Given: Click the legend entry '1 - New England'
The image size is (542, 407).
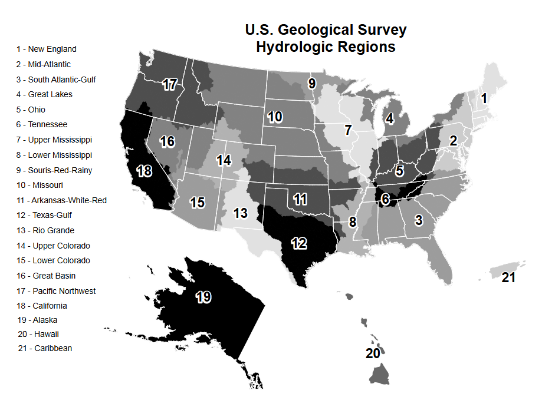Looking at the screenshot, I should pyautogui.click(x=47, y=49).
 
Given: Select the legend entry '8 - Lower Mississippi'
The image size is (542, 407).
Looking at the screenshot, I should pyautogui.click(x=54, y=155).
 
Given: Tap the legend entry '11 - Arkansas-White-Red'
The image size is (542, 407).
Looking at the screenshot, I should pyautogui.click(x=61, y=200).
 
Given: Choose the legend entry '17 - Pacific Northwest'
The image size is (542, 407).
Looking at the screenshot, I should pyautogui.click(x=56, y=291).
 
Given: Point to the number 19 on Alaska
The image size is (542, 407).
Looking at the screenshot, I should pyautogui.click(x=203, y=297).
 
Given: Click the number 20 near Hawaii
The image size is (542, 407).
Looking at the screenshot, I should pyautogui.click(x=373, y=353).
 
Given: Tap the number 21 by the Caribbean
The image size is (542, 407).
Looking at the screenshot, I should pyautogui.click(x=508, y=277).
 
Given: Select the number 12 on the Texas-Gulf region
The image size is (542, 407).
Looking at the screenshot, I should pyautogui.click(x=298, y=242).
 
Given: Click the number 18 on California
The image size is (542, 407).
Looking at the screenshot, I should pyautogui.click(x=145, y=171).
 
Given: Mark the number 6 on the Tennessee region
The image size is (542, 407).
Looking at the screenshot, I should pyautogui.click(x=385, y=200).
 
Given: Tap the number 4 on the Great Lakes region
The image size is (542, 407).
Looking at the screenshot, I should pyautogui.click(x=389, y=118).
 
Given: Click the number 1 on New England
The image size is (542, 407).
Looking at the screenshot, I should pyautogui.click(x=484, y=98).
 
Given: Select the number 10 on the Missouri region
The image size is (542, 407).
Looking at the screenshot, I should pyautogui.click(x=275, y=117).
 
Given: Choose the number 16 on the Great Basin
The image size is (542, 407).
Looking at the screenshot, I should pyautogui.click(x=167, y=141).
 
